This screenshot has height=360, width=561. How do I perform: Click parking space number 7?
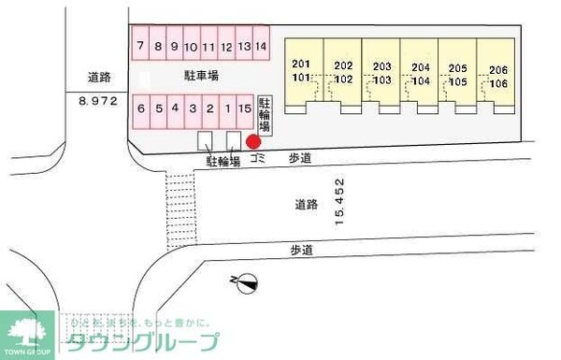point(140,46)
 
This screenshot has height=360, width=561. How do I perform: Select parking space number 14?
point(262,46)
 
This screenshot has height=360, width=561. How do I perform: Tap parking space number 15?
point(245,108)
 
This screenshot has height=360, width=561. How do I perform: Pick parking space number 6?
point(140,108)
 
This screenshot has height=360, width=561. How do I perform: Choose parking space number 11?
point(209,46)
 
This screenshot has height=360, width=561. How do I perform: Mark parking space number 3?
point(193,108)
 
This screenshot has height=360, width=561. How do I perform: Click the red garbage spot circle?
point(252,142)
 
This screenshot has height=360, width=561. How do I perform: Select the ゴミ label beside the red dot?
point(258,160)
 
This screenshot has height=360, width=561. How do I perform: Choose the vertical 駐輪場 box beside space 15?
point(265,113)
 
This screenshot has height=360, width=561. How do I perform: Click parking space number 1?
point(227,108)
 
